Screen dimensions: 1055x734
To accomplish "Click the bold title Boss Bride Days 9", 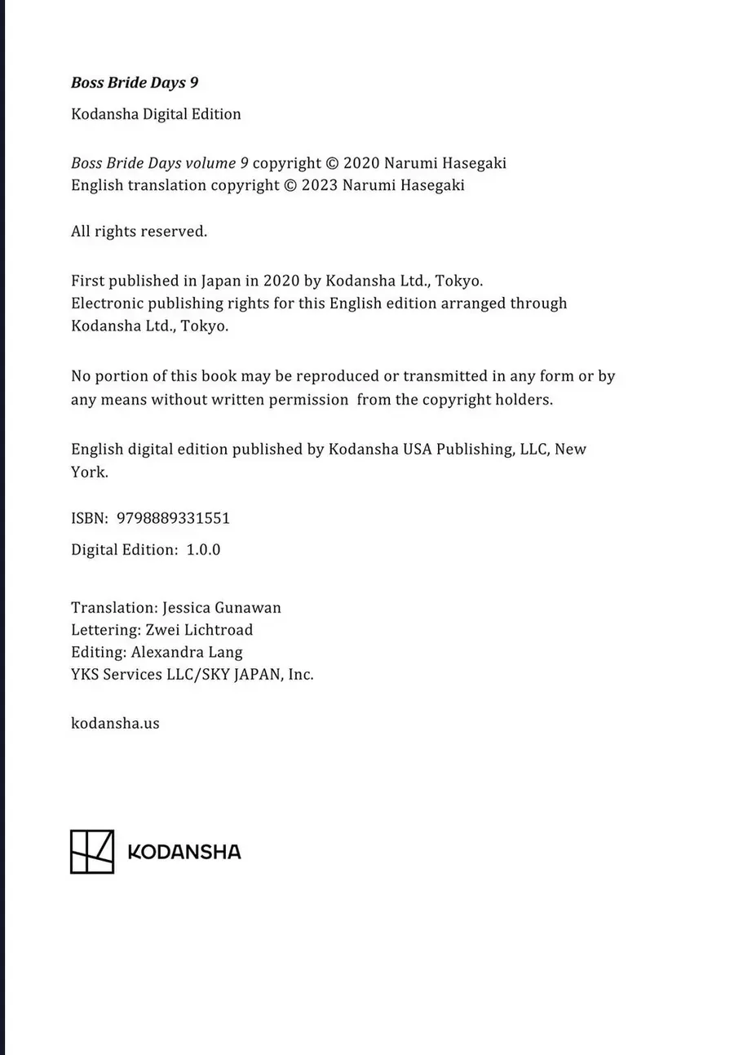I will [x=135, y=82].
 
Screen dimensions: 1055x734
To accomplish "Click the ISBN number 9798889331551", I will [x=174, y=518].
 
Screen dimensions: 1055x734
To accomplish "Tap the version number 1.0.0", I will [x=203, y=550].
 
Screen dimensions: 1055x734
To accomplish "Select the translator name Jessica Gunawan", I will [x=222, y=608].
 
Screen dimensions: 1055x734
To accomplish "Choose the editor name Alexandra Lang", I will [x=187, y=652].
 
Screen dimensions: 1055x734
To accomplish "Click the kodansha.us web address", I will [x=115, y=723].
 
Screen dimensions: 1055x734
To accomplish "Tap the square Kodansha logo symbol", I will [x=91, y=852].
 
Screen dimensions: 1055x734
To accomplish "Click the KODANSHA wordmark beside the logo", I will [x=184, y=853].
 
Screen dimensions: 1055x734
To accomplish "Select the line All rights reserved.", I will [x=139, y=232].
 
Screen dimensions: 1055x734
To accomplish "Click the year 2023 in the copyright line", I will [x=320, y=185].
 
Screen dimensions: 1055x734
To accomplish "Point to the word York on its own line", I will [x=89, y=472].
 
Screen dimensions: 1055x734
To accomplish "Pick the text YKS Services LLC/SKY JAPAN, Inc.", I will [x=192, y=675].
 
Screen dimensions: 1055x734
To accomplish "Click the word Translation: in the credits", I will [x=114, y=608].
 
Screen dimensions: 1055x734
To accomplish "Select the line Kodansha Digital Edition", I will [x=156, y=114].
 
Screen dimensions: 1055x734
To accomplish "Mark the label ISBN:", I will [x=90, y=518].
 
